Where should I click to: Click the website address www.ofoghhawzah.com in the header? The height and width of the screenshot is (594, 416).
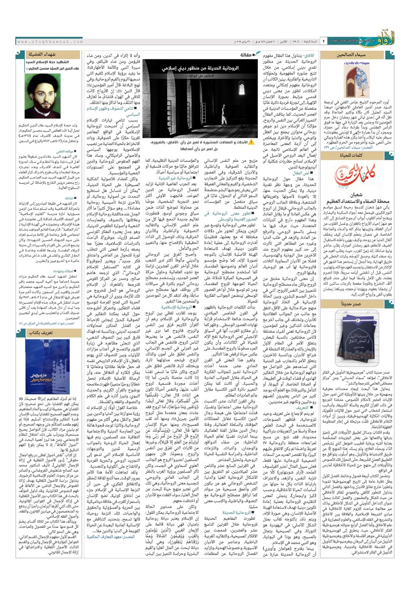50,42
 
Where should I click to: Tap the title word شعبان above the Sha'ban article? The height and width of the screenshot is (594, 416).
356,195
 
